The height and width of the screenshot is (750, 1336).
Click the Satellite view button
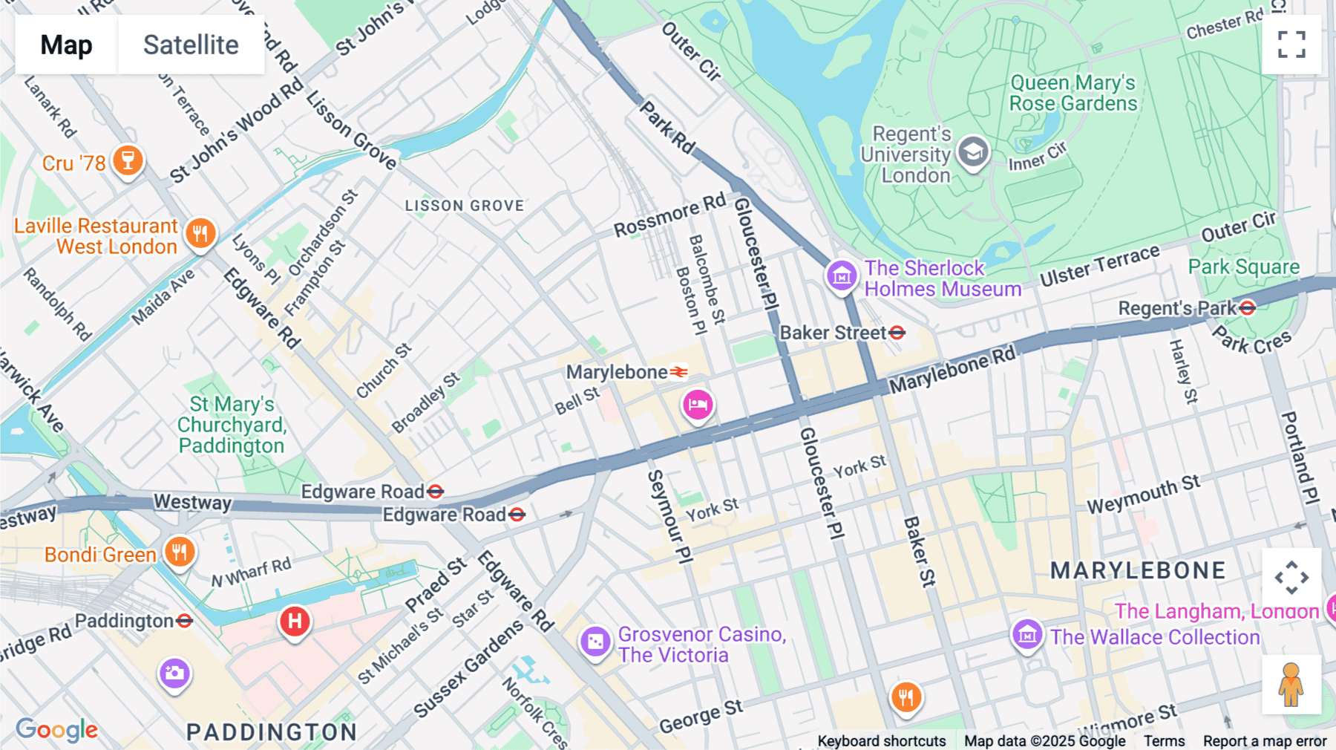(x=191, y=45)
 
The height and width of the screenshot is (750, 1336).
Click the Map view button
(x=66, y=45)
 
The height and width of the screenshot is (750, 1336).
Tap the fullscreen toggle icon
(x=1291, y=45)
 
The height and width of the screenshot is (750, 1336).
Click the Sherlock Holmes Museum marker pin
(x=842, y=276)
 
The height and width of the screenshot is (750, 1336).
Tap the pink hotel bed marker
(x=698, y=405)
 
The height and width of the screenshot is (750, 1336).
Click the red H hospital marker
(x=295, y=621)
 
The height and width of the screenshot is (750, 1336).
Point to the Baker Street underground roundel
(x=897, y=333)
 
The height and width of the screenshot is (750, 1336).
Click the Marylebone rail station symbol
(x=678, y=372)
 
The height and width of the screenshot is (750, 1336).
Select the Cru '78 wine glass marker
(x=128, y=160)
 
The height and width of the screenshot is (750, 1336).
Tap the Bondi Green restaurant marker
(x=180, y=552)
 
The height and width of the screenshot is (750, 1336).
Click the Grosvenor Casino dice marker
(x=595, y=642)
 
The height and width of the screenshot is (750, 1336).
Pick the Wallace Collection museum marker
(x=1028, y=635)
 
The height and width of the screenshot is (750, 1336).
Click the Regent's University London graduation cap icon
(x=972, y=153)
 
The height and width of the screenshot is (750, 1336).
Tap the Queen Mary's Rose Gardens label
(x=1073, y=93)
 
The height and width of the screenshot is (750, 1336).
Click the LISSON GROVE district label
(x=465, y=206)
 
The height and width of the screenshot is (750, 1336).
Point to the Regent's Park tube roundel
(x=1248, y=307)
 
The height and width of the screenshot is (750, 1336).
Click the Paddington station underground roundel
(x=185, y=621)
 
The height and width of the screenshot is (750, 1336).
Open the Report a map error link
(x=1265, y=741)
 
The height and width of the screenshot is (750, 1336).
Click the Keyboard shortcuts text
(x=881, y=741)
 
